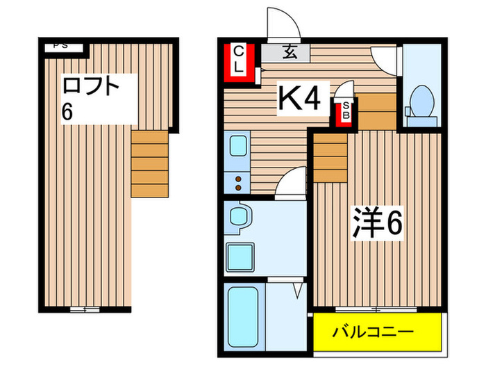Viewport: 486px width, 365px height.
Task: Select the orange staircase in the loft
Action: (x=150, y=163)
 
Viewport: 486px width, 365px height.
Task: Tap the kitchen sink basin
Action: (x=237, y=149)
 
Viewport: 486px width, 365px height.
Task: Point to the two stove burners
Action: (x=238, y=182)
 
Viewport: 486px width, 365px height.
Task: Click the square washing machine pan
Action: (x=241, y=257)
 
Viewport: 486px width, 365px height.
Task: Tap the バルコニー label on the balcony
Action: (x=376, y=330)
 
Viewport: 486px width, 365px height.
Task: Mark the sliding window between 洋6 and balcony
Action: (x=376, y=307)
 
